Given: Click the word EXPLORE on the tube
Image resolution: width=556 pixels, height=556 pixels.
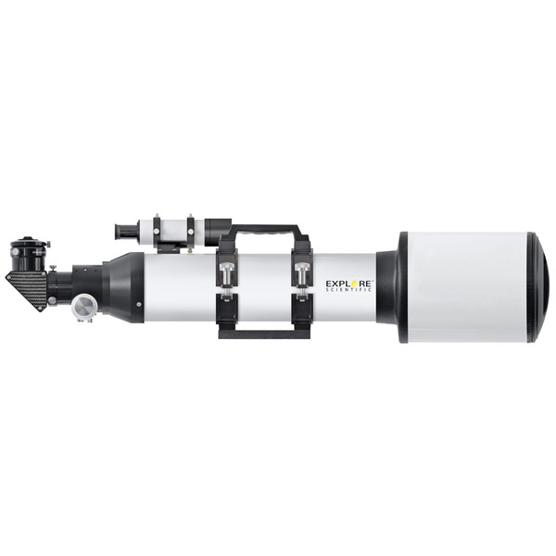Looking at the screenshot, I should coord(347,280).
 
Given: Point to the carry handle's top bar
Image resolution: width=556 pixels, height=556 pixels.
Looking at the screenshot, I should coord(264,228).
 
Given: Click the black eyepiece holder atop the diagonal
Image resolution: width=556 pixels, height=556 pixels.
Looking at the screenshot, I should coord(22,251).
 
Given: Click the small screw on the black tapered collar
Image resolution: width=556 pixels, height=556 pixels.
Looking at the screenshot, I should coord(139,302).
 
